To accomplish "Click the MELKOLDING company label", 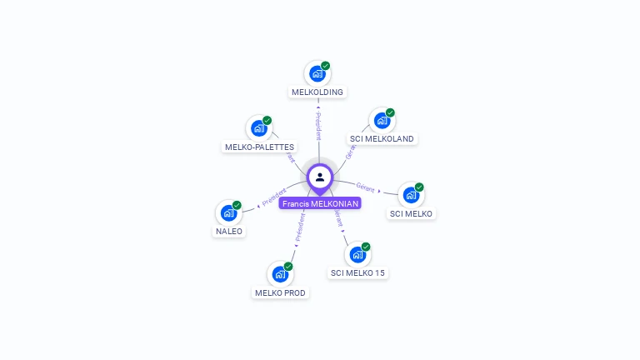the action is pos(317,92).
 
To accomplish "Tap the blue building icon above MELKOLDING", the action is pos(317,74).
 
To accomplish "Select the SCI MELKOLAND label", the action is pos(382,138).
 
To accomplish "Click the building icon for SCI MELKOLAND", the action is pos(382,121).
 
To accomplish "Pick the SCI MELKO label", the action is pos(412,213).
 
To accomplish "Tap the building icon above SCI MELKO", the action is pos(411,195).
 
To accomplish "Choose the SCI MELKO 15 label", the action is pos(358,272).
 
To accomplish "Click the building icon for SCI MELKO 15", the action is pos(357,255).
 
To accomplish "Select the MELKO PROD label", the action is pos(280,292).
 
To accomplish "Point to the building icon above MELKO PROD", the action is pos(280,274).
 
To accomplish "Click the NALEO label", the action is pos(229,231).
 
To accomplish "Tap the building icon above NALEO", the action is pos(228,213).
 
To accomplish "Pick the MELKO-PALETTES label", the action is pos(259,147).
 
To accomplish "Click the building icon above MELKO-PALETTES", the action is pos(259,128).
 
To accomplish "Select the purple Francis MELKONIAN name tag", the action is pos(320,203).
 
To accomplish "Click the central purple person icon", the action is pos(320,177).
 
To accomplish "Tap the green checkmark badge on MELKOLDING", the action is pos(326,66).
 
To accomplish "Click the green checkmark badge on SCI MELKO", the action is pos(419,187).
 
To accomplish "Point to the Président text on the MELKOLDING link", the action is pos(318,126).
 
